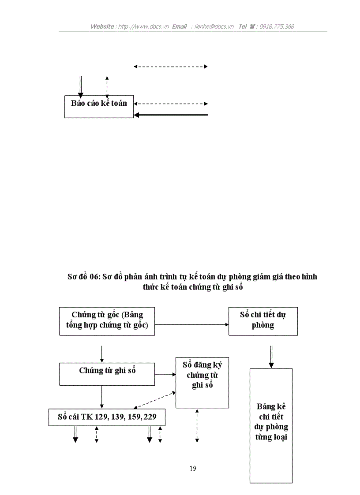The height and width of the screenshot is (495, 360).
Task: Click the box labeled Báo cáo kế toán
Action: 99,106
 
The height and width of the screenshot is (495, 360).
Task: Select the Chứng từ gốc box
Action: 107,321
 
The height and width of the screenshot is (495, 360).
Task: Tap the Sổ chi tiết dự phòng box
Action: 263,321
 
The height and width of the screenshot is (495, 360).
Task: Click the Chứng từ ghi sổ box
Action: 107,374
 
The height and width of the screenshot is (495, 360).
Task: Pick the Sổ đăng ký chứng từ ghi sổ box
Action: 202,382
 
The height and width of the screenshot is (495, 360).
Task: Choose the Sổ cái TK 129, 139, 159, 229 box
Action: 107,417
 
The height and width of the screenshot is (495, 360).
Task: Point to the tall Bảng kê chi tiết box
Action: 271,425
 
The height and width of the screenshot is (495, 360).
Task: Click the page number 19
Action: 193,469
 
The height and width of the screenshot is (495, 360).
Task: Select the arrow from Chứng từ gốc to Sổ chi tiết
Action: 191,325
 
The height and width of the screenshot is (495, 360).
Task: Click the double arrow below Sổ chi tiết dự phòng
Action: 271,357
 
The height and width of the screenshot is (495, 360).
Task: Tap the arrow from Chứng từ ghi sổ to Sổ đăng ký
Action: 165,375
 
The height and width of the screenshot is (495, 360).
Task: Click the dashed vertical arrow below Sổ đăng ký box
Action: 197,425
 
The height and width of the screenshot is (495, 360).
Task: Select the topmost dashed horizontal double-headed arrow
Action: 170,67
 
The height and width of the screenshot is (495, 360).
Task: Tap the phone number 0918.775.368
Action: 277,26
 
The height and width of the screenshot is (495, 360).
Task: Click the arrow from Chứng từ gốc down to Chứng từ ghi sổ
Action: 102,354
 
